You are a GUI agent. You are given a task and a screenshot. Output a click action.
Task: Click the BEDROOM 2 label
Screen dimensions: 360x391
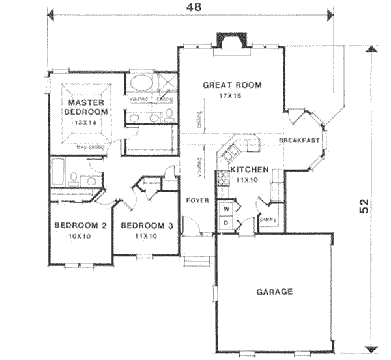80,226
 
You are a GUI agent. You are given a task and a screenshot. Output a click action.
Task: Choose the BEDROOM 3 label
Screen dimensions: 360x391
147,226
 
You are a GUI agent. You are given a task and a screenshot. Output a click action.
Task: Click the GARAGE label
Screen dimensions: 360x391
274,292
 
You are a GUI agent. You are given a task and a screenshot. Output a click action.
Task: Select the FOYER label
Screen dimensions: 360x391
198,200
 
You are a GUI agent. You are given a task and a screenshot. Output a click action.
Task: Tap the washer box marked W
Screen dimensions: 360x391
227,209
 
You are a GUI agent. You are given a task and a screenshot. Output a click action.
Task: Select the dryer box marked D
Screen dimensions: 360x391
227,222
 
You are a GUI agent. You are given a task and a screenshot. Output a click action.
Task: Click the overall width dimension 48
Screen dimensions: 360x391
193,7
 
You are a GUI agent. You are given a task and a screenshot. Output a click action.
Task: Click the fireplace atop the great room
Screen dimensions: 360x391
230,41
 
